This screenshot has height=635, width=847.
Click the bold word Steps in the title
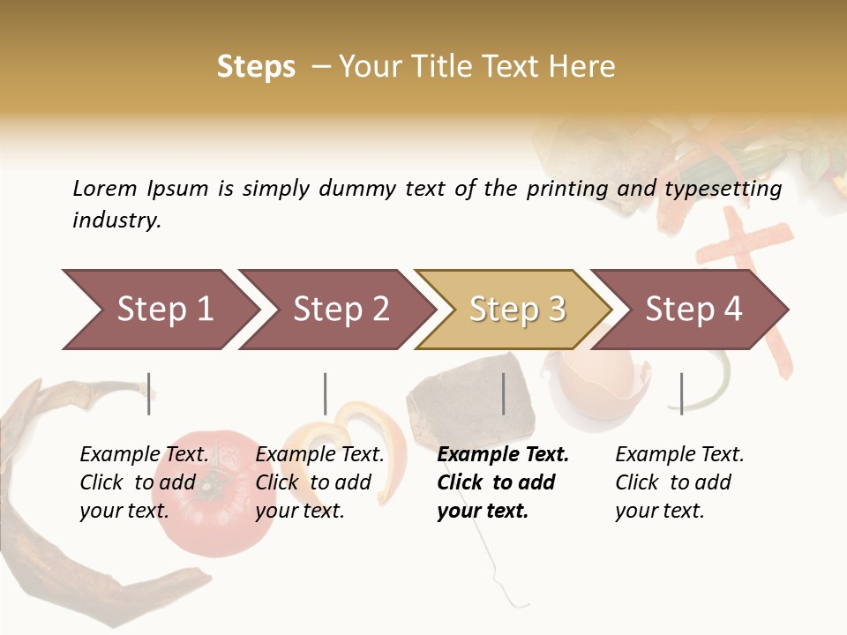[256, 67]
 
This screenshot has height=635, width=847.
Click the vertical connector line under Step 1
[149, 393]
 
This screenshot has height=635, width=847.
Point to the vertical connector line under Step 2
[326, 393]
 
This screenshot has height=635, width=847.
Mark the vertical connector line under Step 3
[504, 393]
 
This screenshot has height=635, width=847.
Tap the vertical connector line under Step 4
[681, 393]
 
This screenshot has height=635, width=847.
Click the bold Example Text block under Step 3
[502, 482]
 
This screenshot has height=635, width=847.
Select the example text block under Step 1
[144, 482]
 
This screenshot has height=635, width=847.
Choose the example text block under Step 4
[678, 482]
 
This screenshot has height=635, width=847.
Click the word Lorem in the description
[105, 189]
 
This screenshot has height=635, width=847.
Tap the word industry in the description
[116, 220]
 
